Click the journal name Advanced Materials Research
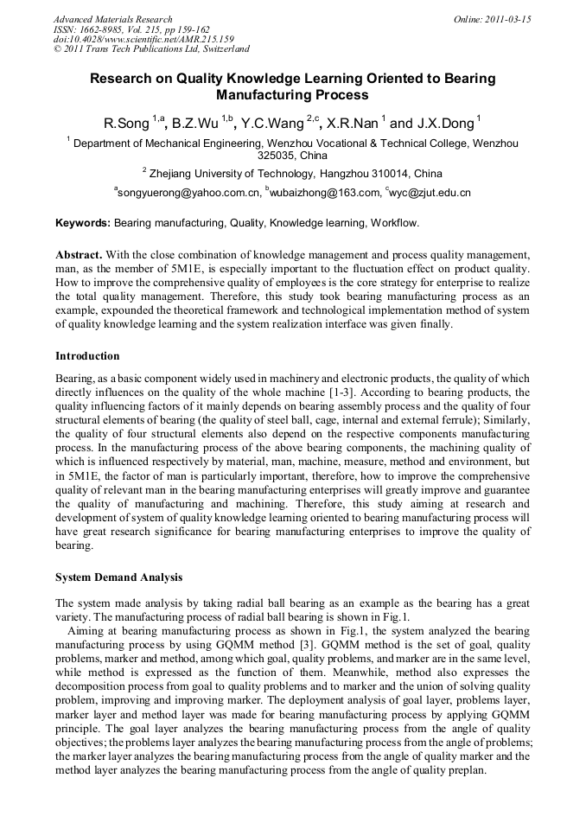112,19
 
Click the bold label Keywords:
83,223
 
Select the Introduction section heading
87,356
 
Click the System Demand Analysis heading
118,577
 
